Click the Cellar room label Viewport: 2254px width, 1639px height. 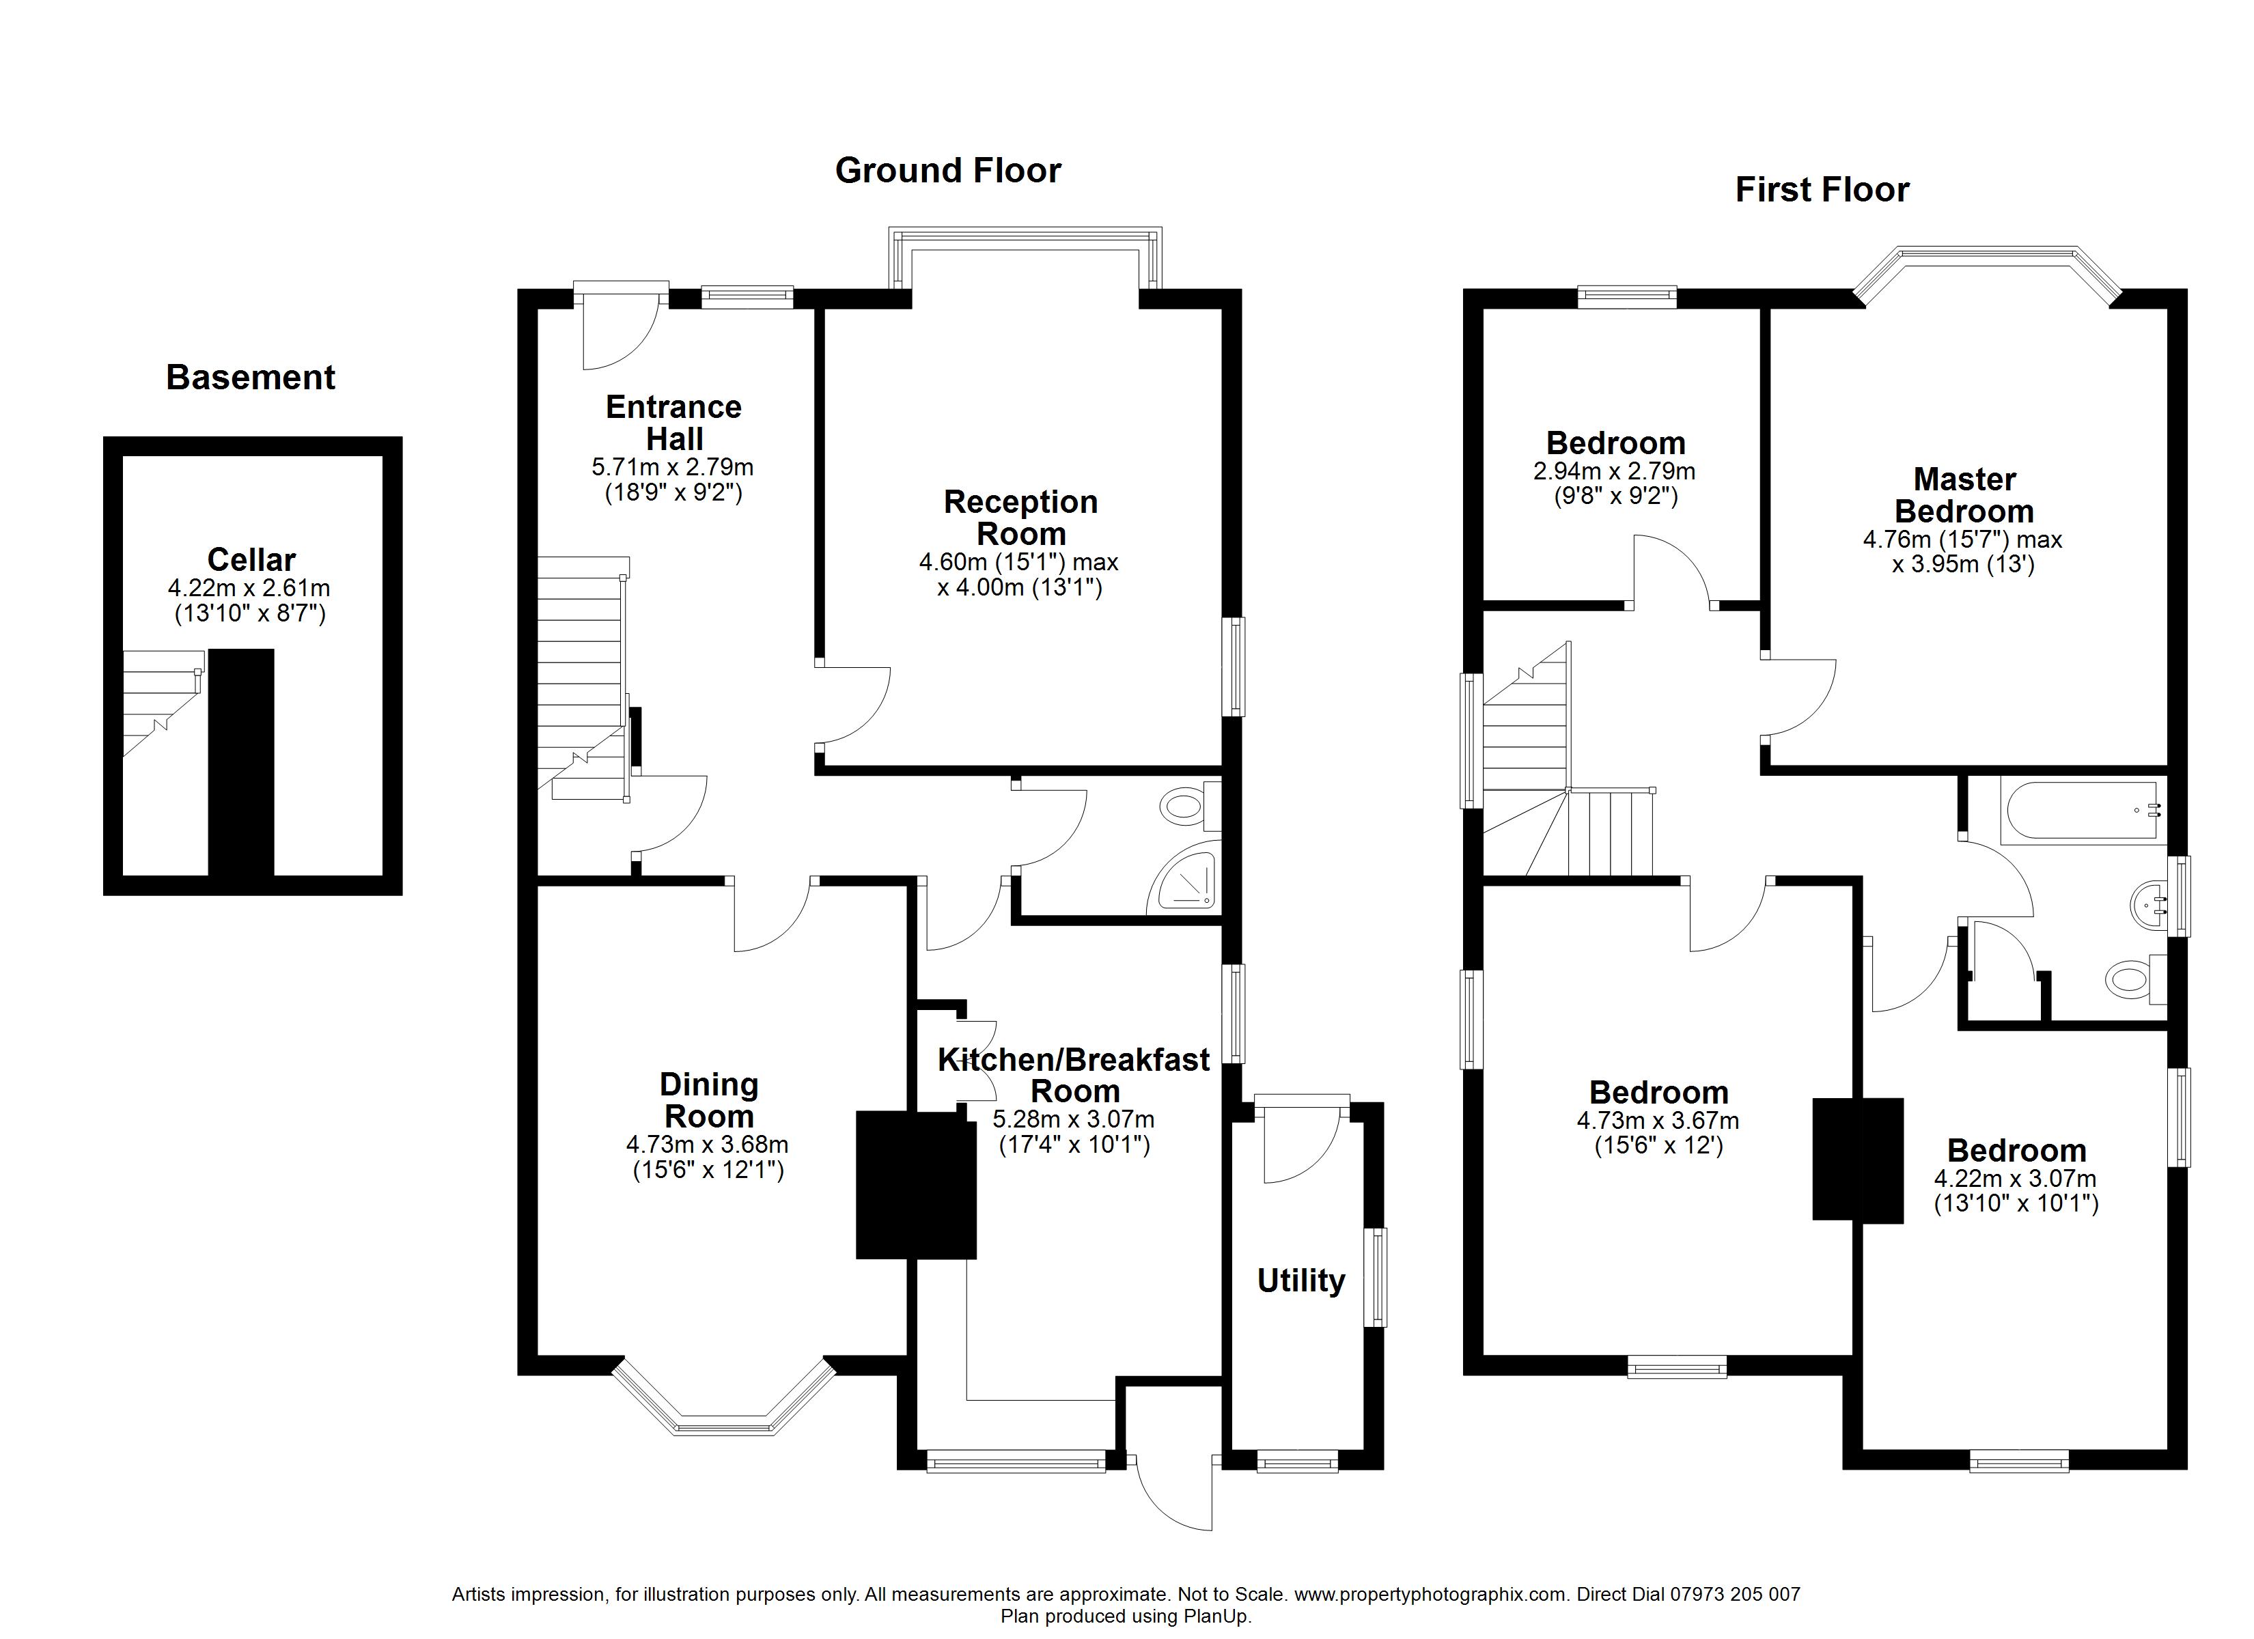[251, 559]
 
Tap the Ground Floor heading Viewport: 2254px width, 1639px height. [948, 171]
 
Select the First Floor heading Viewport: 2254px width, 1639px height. [1822, 190]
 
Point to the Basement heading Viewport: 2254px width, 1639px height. [251, 378]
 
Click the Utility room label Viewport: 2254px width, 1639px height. [1301, 1281]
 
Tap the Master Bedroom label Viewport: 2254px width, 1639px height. [1965, 495]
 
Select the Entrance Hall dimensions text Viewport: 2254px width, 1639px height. [673, 479]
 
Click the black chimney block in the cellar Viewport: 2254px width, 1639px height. [240, 762]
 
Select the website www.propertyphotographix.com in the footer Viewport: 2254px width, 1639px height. [1431, 1595]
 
